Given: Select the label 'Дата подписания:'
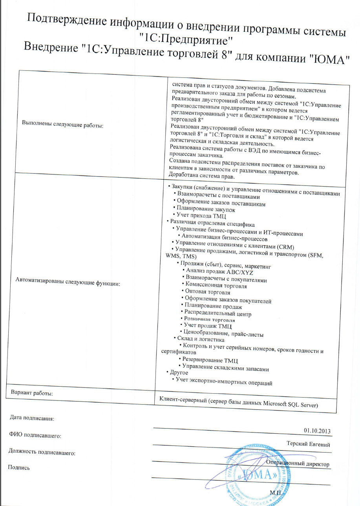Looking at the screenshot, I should [31, 419].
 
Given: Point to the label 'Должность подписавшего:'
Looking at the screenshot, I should [42, 453].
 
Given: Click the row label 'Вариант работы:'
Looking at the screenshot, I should [32, 393].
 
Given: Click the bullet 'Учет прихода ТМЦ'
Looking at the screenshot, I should [201, 216].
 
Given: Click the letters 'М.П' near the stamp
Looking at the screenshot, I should [275, 492].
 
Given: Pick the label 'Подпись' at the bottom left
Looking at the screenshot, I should [19, 467].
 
